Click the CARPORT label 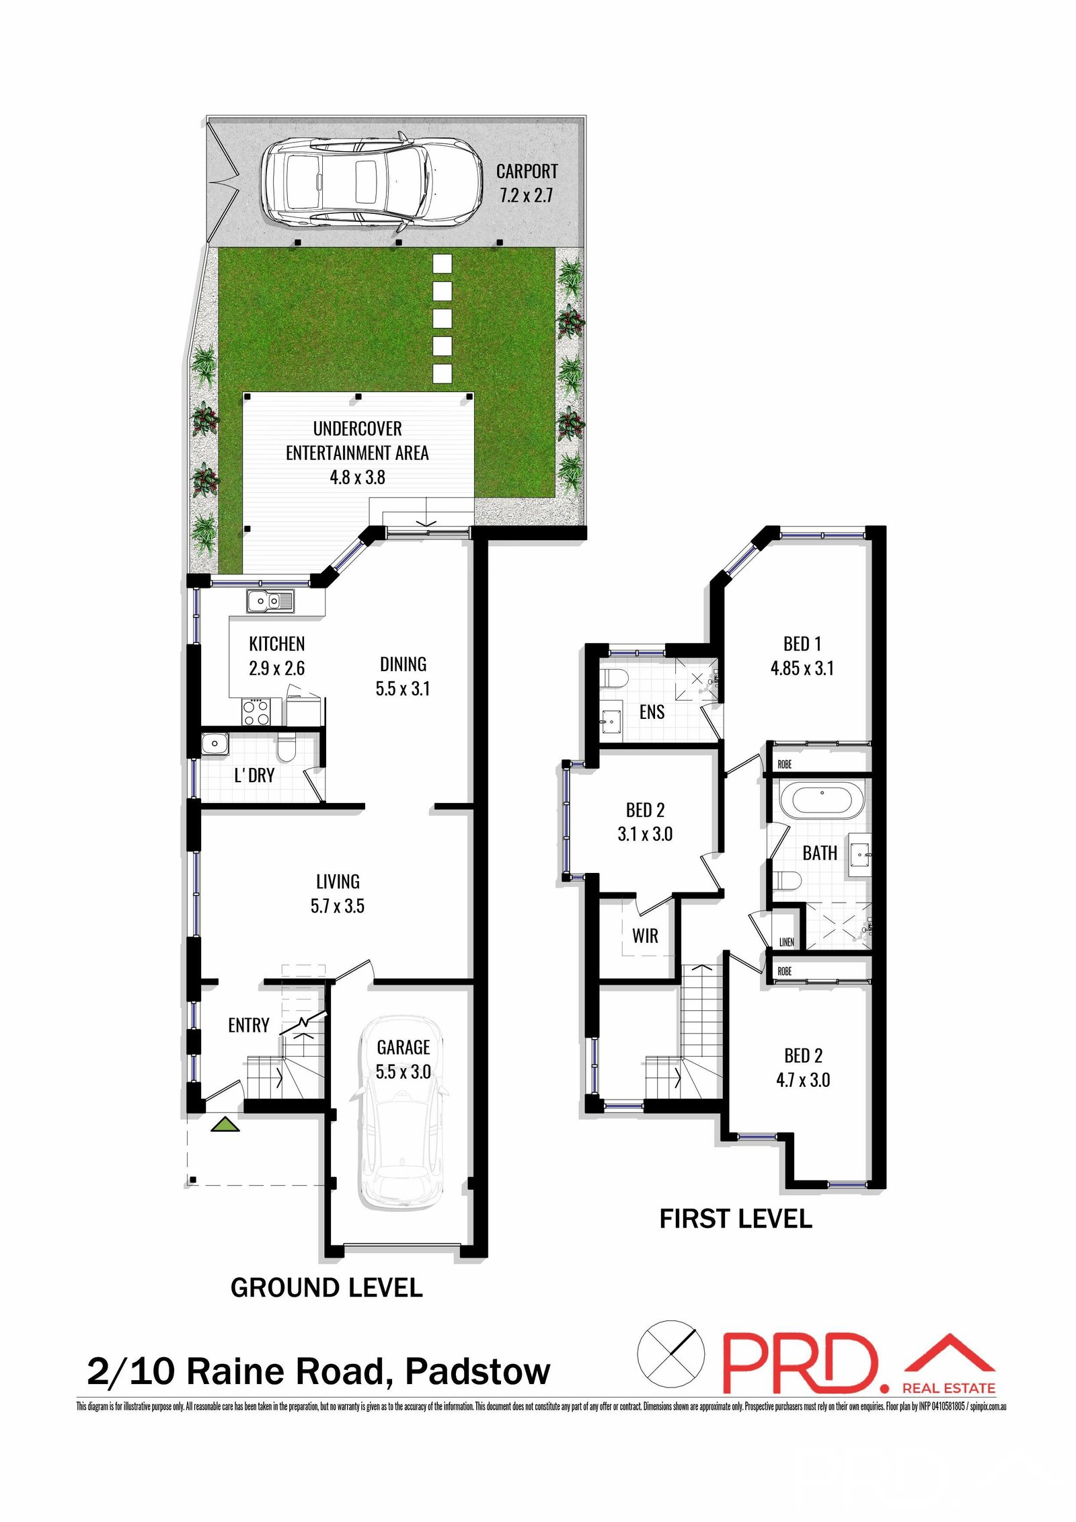coord(527,172)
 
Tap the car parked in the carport coord(372,183)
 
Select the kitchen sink coord(270,601)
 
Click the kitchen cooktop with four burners coord(256,712)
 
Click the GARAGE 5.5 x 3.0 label coord(403,1059)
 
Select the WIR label coord(645,936)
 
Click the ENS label coord(652,712)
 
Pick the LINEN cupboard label coord(786,942)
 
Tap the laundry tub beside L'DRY coord(215,744)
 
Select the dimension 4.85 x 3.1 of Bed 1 coord(802,668)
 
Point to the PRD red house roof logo coord(949,1354)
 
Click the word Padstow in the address coord(477,1371)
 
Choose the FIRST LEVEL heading coord(736,1219)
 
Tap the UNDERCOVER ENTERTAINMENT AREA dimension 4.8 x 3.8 coord(357,478)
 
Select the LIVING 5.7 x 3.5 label coord(338,893)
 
